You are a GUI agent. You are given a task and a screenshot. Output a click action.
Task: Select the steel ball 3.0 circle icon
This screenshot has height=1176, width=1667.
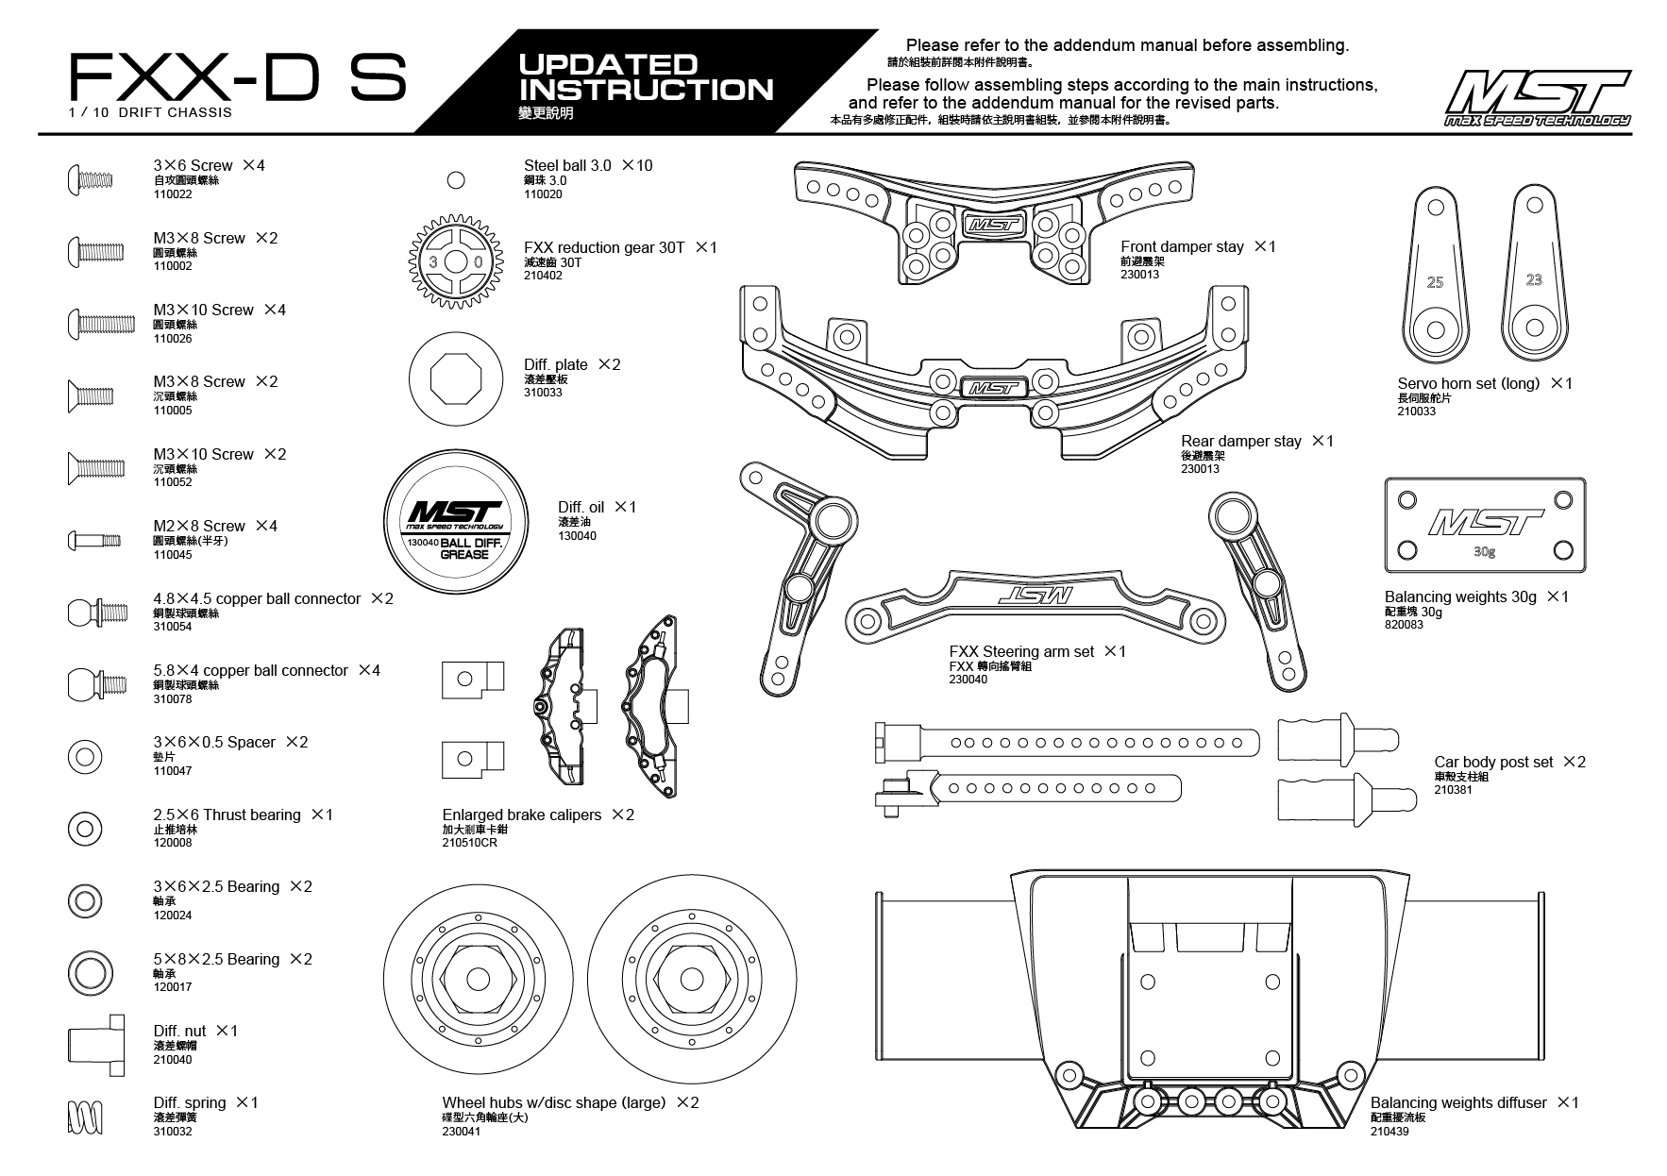click(456, 180)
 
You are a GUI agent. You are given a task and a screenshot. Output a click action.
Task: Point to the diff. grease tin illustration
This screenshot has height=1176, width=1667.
click(456, 525)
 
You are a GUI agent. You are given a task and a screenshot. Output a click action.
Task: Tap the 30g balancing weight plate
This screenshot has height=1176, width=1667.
click(1485, 525)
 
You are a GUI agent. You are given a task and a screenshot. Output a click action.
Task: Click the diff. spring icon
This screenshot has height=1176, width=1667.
click(85, 1117)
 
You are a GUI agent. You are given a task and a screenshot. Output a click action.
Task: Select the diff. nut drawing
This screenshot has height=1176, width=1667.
click(94, 1045)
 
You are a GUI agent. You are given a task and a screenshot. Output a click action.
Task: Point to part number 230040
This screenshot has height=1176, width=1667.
click(968, 680)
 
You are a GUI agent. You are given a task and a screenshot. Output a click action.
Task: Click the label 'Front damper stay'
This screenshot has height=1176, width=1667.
click(1182, 247)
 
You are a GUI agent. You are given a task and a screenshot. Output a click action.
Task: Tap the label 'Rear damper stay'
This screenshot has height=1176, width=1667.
click(1240, 442)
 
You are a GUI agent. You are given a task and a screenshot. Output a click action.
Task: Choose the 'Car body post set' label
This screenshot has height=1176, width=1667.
click(1493, 763)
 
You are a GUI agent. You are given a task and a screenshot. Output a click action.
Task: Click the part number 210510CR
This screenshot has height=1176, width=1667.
click(469, 843)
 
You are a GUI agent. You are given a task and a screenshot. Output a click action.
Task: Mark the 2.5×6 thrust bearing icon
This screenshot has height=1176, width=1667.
click(85, 829)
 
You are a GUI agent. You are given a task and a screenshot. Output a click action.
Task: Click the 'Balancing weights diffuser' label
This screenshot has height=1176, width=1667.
click(1458, 1103)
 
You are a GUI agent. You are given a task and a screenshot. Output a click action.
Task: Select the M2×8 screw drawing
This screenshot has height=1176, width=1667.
click(94, 540)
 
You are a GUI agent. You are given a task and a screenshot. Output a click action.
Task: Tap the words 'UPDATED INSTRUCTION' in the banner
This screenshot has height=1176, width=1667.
click(647, 77)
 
